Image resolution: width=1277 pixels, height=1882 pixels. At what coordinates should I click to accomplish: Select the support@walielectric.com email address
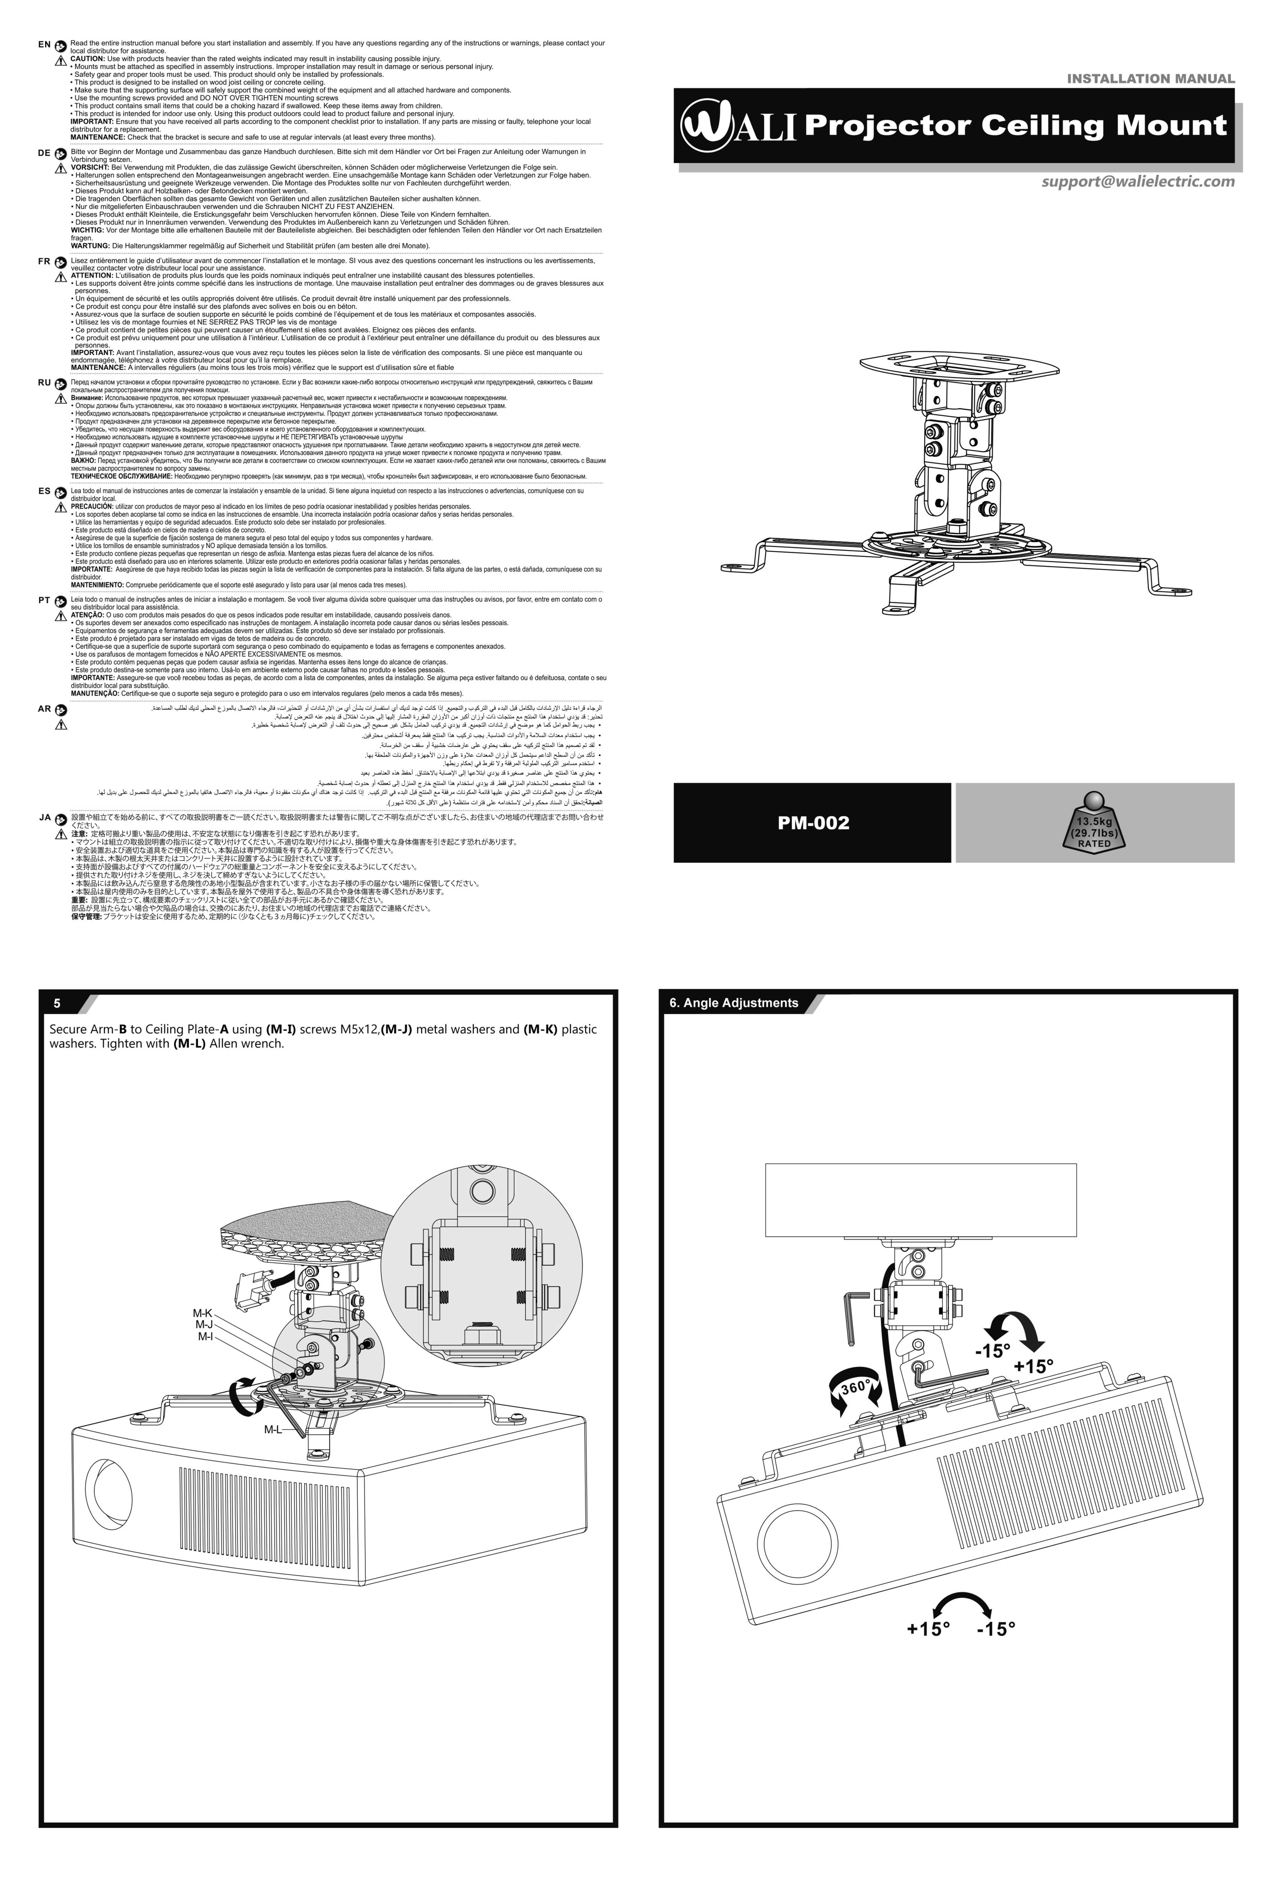click(x=1138, y=181)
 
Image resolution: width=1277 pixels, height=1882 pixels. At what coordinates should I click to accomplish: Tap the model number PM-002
click(x=813, y=823)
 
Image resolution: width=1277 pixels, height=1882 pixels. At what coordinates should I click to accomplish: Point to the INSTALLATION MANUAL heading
click(x=1150, y=79)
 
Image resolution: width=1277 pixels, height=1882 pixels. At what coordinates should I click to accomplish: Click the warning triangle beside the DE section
click(x=60, y=169)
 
